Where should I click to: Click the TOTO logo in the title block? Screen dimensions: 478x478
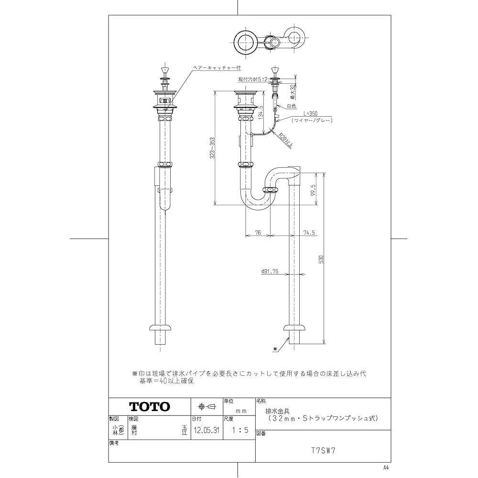coord(150,407)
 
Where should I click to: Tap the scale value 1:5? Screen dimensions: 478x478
coord(239,430)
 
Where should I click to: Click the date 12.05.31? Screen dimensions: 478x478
coord(206,430)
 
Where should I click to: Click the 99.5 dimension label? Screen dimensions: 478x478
coord(313,190)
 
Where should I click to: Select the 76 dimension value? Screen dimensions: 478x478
coord(258,233)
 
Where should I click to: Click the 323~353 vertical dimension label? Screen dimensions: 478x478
coord(212,149)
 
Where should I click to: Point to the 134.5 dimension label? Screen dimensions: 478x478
coord(260,115)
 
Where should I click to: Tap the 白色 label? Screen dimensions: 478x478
coord(292,106)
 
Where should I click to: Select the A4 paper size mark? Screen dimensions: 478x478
coord(386,467)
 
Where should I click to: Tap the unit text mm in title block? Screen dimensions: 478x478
coord(241,411)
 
